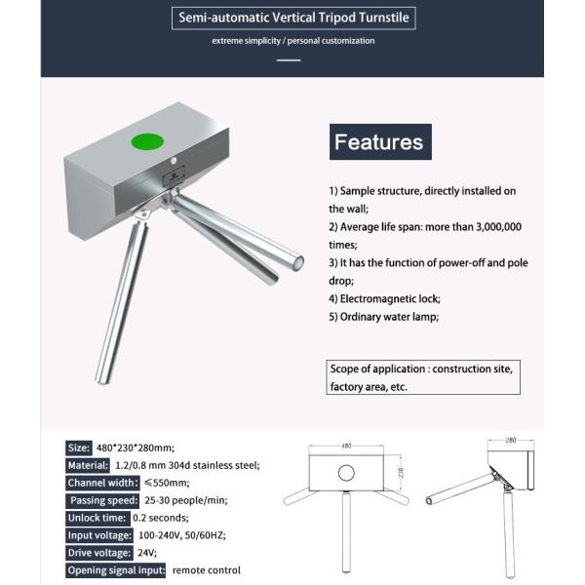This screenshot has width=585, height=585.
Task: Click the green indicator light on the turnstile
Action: coord(149,142)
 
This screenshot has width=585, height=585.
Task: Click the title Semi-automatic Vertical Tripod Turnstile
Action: coord(292,17)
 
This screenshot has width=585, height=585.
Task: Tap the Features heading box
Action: coord(379,142)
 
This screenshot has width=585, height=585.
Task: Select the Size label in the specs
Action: coord(79,448)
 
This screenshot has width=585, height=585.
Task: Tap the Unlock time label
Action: coord(97,518)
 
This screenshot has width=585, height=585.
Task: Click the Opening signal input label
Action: coord(116,569)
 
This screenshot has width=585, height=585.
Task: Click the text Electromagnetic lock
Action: coord(384,298)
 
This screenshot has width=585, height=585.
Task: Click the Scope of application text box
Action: coord(420,377)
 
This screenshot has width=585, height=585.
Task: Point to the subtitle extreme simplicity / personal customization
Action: coord(292,41)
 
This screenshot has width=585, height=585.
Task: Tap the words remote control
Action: coord(206,569)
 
